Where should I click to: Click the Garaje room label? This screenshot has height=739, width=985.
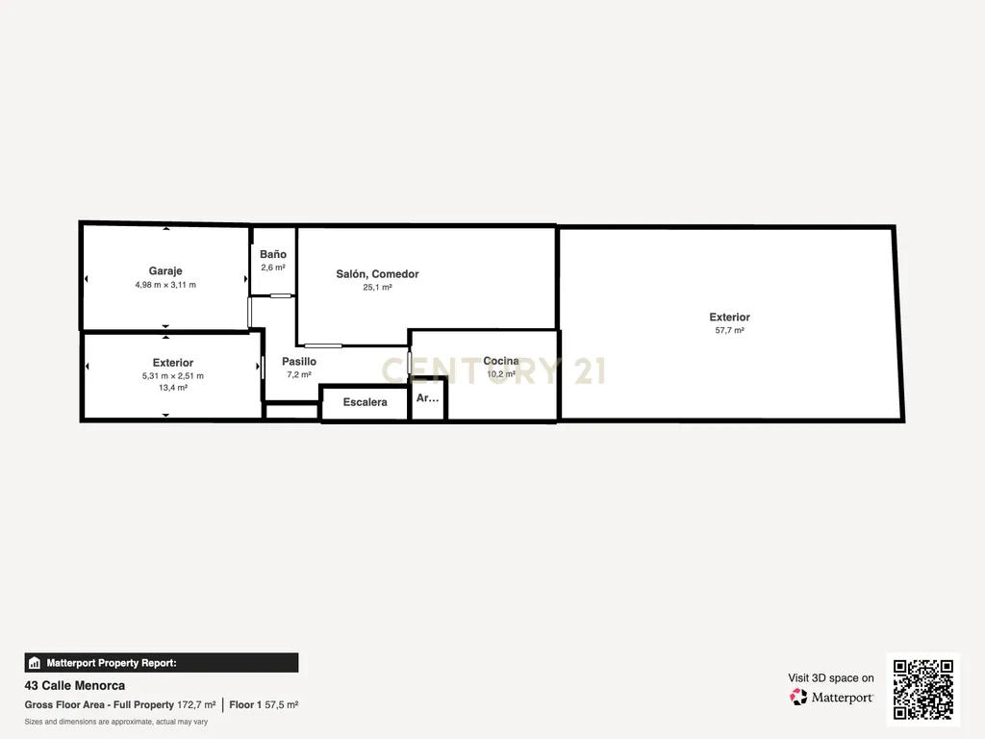[165, 270]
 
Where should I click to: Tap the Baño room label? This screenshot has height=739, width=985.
[273, 254]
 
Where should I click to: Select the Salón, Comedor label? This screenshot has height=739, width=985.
[377, 274]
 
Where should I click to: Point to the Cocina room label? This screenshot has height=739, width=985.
[500, 361]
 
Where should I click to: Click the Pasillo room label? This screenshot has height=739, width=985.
[299, 362]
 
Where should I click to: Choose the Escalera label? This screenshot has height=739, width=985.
[365, 402]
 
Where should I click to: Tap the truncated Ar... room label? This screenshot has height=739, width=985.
[428, 397]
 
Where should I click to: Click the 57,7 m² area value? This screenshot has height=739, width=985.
[729, 330]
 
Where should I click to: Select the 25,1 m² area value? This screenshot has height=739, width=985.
[377, 287]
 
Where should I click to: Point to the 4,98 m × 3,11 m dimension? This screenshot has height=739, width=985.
[165, 285]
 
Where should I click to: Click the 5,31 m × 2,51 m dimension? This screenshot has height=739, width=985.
[173, 376]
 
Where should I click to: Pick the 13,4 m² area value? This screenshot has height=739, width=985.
[173, 388]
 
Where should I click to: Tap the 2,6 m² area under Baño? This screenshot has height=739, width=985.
[273, 268]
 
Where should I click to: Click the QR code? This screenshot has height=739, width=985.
[922, 689]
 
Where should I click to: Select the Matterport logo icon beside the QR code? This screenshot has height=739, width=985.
[798, 697]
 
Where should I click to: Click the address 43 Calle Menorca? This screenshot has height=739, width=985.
[75, 685]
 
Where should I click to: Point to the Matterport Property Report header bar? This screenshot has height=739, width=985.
[162, 663]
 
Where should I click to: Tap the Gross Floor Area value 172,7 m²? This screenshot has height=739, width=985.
[196, 705]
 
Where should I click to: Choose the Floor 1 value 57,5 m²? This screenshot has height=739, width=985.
[282, 705]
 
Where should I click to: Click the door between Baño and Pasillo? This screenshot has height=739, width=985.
[281, 295]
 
